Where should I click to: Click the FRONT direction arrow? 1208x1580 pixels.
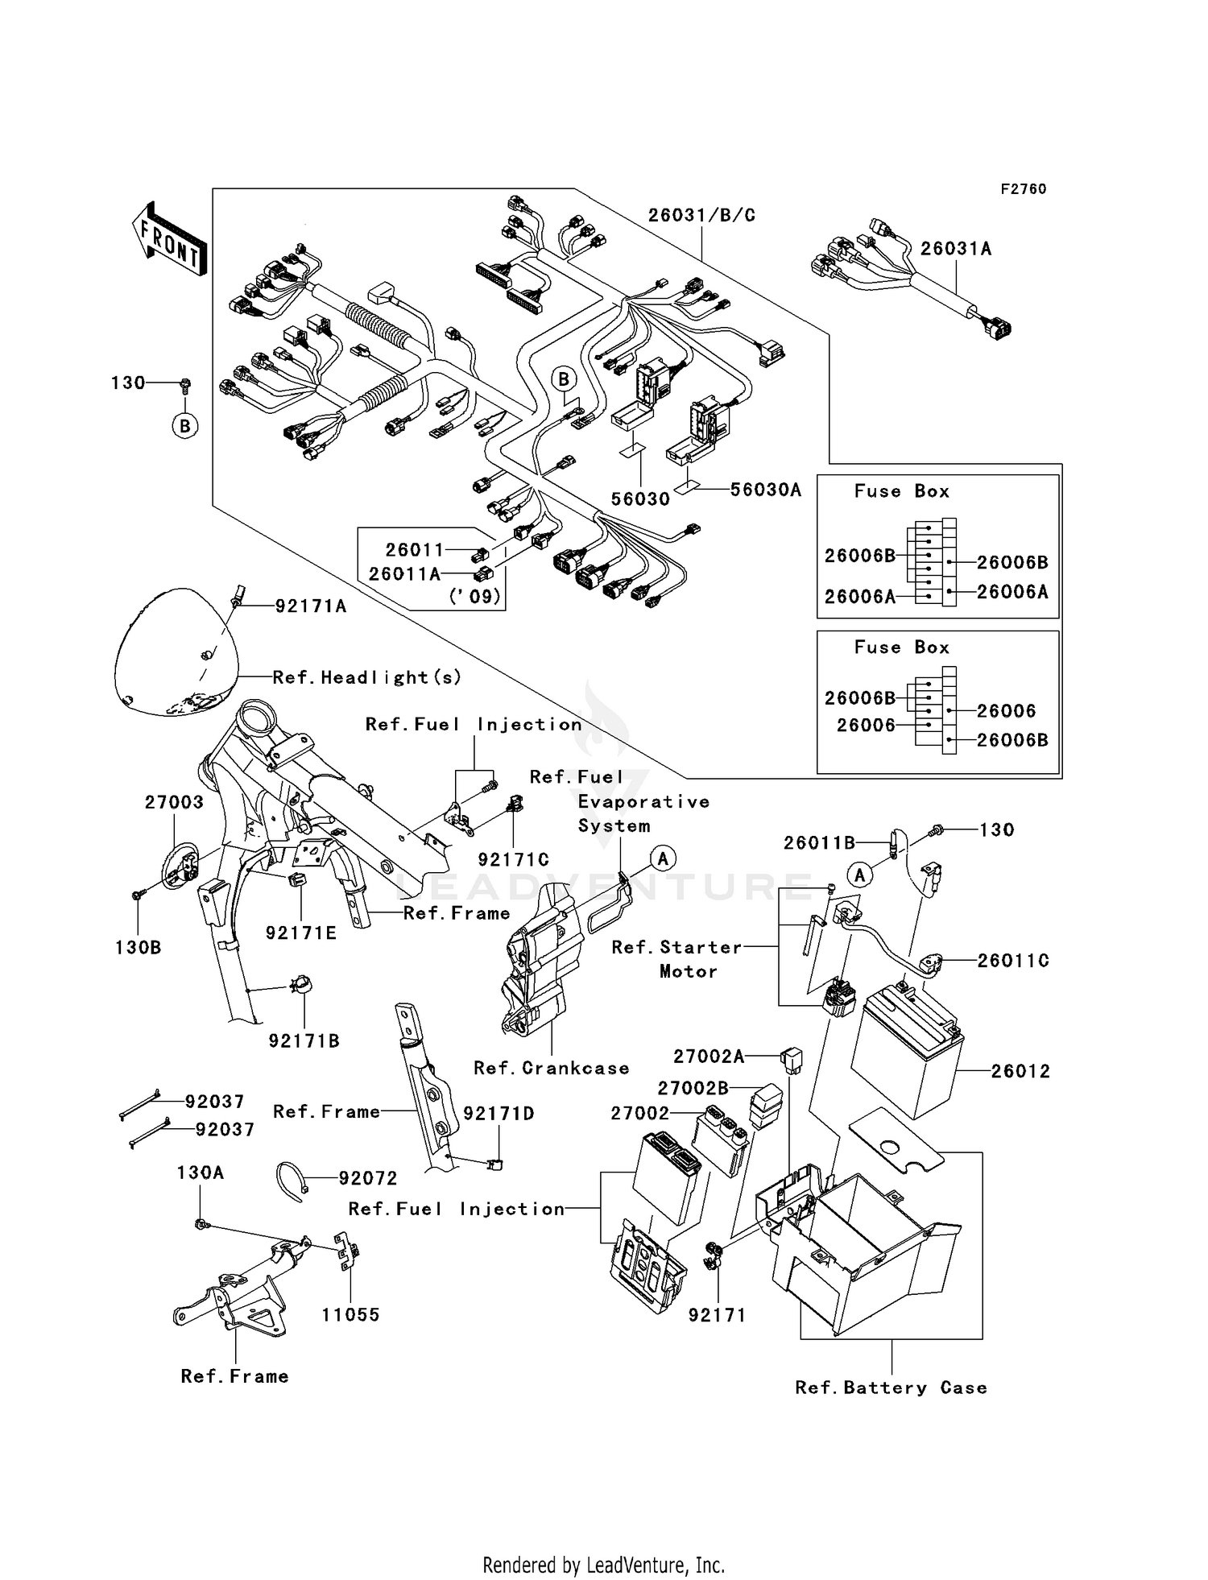tap(170, 239)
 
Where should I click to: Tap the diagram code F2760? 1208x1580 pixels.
tap(1023, 189)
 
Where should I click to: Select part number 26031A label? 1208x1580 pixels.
tap(955, 249)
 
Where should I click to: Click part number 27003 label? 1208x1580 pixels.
tap(174, 802)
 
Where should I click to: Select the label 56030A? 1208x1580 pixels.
tap(765, 490)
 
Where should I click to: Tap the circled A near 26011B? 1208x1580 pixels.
tap(860, 875)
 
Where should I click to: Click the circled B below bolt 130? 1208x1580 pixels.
tap(185, 425)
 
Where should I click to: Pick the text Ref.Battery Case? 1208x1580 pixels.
tap(891, 1388)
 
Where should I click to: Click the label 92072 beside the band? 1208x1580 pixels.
tap(367, 1178)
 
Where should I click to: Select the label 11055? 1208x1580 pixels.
tap(350, 1315)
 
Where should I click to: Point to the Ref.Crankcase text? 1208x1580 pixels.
tap(551, 1068)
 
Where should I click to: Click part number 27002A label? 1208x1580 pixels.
tap(709, 1056)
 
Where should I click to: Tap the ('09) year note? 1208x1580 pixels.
tap(474, 597)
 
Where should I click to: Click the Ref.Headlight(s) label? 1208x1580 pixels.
tap(367, 677)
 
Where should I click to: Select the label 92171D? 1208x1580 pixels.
tap(499, 1113)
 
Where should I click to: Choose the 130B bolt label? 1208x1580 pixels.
tap(138, 947)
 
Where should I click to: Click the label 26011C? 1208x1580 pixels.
tap(1013, 960)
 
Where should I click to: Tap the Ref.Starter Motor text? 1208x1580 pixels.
tap(676, 959)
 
